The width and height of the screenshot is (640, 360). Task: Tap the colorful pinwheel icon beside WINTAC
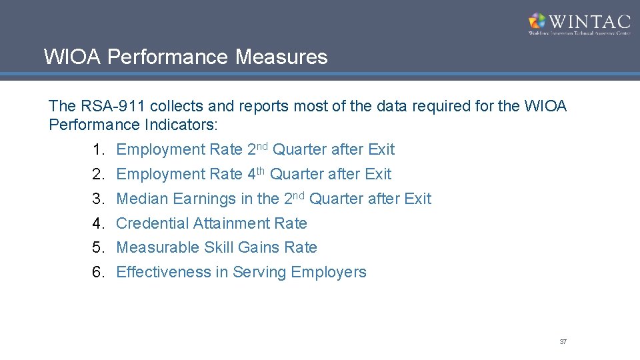tap(537, 21)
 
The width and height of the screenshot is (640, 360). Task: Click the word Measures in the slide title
tap(281, 57)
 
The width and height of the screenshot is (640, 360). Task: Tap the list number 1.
tap(99, 149)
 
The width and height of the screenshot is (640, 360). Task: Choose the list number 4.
tap(99, 223)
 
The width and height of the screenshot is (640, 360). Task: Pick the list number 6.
tap(99, 272)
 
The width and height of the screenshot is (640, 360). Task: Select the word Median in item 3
tap(142, 199)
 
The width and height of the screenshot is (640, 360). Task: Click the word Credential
tap(152, 223)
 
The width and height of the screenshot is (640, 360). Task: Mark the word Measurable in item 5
tap(158, 247)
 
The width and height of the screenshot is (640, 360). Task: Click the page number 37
tap(563, 341)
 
